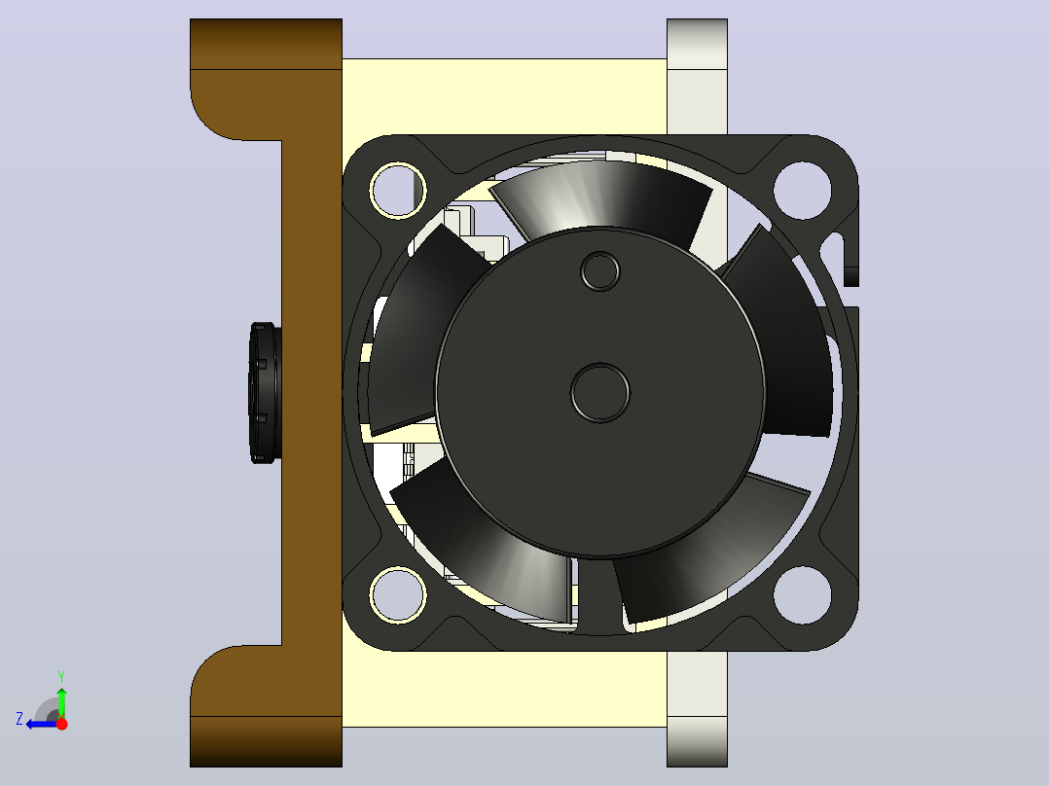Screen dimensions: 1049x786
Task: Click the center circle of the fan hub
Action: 600,393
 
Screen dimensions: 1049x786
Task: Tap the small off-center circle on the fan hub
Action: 600,271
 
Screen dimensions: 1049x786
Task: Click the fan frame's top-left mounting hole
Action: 398,190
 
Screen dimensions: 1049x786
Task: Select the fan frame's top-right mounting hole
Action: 802,190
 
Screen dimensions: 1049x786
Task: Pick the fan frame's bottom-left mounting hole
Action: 398,595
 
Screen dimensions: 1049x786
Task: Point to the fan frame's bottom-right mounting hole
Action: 802,595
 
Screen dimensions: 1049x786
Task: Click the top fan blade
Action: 602,197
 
